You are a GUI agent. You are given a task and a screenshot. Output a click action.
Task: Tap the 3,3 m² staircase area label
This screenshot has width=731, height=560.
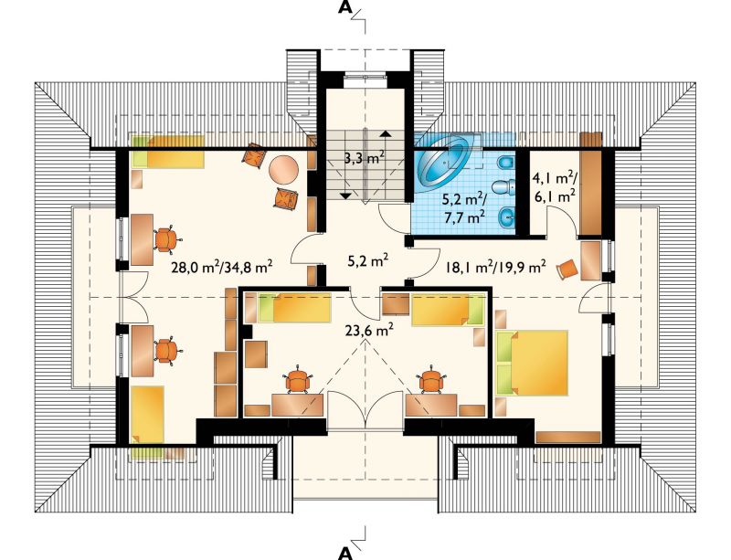coord(365,158)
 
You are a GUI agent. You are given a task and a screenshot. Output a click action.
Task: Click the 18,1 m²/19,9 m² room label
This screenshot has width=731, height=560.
coord(495,267)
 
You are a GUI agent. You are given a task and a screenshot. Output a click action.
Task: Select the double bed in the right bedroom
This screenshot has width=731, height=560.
coord(532,363)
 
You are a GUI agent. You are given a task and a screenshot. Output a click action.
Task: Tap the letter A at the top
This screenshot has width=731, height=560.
coord(345,8)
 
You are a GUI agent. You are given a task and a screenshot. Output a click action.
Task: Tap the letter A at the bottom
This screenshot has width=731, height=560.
coord(345,552)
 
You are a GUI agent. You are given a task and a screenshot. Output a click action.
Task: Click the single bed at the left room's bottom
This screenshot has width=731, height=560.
coord(147,414)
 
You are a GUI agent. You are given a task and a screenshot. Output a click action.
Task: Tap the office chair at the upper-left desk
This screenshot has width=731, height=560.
coord(166,239)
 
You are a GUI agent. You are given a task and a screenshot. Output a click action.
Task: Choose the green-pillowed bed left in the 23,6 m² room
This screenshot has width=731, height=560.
coord(294,307)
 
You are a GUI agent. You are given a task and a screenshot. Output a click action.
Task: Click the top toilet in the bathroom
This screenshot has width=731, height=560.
coord(506,164)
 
